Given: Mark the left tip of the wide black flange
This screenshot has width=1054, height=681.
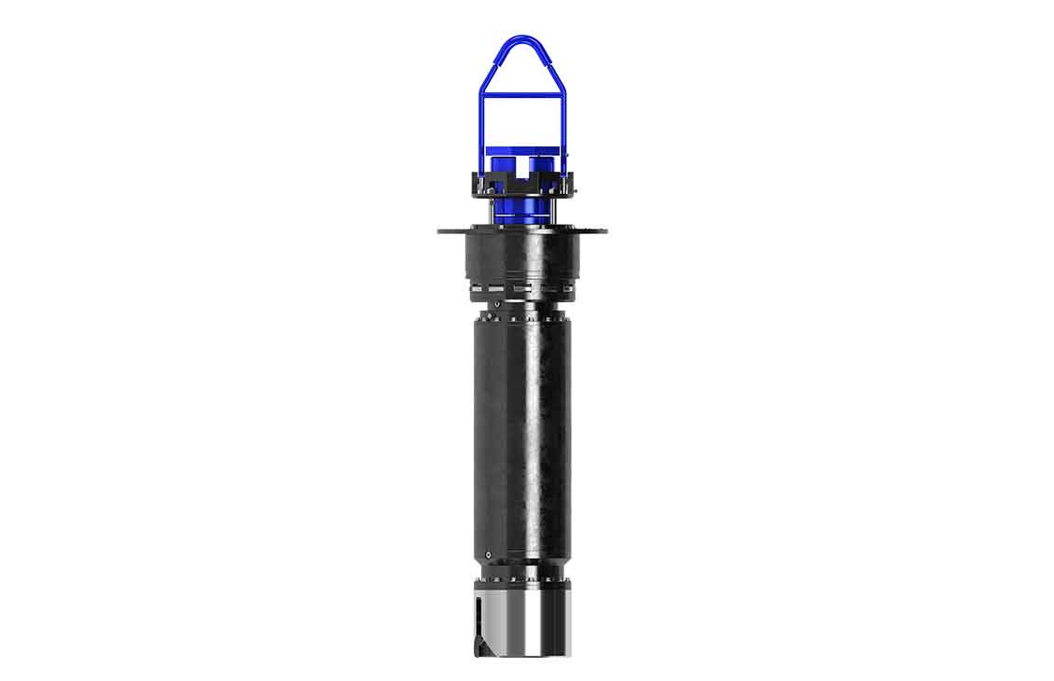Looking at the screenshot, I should [x=439, y=229].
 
